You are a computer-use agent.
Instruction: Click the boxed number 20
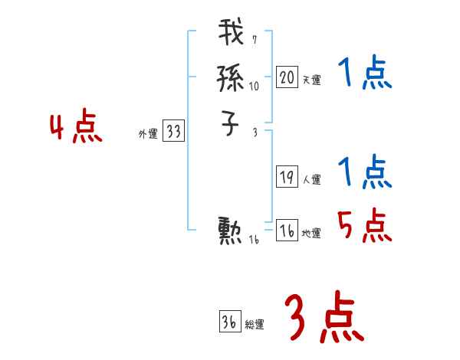coord(287,77)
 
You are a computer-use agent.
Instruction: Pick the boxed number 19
coord(287,178)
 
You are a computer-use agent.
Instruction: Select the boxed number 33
coord(173,132)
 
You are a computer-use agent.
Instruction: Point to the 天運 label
coord(312,80)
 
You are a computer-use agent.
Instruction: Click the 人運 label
coord(312,180)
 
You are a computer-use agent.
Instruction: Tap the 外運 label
coord(147,134)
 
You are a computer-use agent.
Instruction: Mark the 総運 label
coord(255,325)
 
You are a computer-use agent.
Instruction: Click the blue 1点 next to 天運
coord(364,74)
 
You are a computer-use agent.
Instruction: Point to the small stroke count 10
coord(254,87)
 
